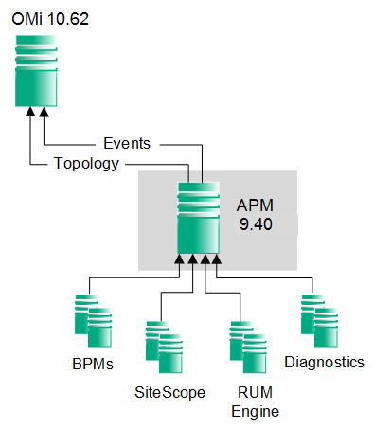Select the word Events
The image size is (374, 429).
pyautogui.click(x=127, y=143)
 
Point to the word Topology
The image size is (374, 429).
pyautogui.click(x=87, y=164)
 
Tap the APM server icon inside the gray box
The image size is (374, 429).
pyautogui.click(x=198, y=219)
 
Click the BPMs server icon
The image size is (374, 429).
pyautogui.click(x=94, y=321)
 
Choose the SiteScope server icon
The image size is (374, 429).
pyautogui.click(x=165, y=346)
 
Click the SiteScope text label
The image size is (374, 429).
pyautogui.click(x=169, y=392)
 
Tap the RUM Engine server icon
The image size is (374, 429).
pyautogui.click(x=248, y=346)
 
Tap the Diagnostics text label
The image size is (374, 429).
pyautogui.click(x=324, y=363)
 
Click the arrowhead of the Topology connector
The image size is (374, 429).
pyautogui.click(x=30, y=113)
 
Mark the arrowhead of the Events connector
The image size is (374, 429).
pyautogui.click(x=43, y=113)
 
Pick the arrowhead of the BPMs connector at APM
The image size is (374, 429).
pyautogui.click(x=180, y=259)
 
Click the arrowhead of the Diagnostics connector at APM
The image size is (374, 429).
pyautogui.click(x=217, y=259)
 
